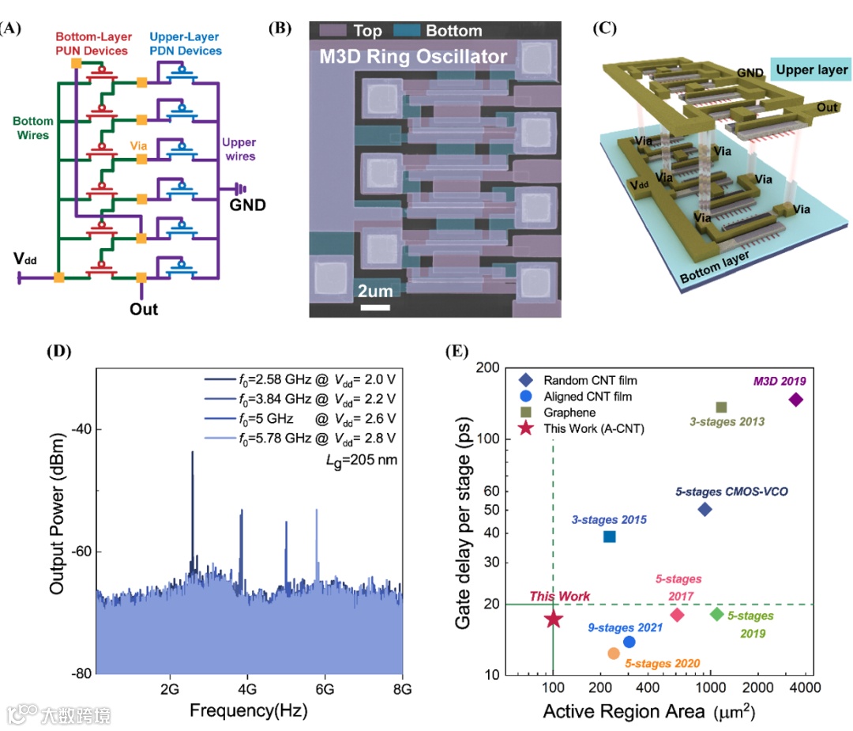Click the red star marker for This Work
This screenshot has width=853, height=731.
(x=553, y=619)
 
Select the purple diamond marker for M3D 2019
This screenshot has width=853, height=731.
(x=795, y=400)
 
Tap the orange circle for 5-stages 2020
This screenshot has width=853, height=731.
(x=614, y=654)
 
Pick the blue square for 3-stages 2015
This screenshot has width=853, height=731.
(x=609, y=537)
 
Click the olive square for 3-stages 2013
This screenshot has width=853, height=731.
(x=721, y=408)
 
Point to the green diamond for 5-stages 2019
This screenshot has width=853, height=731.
(x=717, y=614)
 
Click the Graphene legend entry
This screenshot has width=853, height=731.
(x=569, y=413)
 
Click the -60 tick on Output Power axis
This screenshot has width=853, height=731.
(x=81, y=552)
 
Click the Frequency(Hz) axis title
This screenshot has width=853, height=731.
(x=248, y=710)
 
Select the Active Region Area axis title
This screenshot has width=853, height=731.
(x=648, y=712)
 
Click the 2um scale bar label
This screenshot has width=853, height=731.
(x=375, y=291)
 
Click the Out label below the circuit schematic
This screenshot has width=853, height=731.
(x=144, y=308)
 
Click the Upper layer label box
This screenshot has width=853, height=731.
(x=811, y=70)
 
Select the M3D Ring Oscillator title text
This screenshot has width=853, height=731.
(x=412, y=57)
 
